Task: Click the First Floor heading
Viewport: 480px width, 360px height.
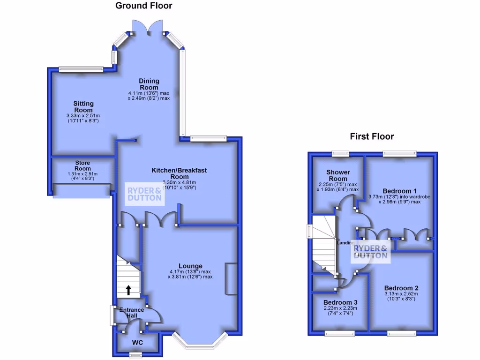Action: pos(372,136)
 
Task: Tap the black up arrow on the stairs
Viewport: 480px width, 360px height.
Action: pos(128,290)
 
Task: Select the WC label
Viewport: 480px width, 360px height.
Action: pos(137,343)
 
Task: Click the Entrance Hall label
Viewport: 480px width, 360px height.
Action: pos(132,313)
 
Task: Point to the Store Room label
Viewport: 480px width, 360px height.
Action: pos(82,165)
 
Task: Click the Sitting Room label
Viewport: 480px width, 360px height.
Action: pos(83,106)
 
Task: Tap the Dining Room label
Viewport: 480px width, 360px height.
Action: pos(149,84)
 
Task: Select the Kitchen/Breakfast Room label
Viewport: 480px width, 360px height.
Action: pos(179,173)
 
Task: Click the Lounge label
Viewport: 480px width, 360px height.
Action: pos(190,266)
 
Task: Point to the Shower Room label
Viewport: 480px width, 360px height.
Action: pos(338,175)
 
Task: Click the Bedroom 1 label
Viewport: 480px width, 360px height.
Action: pos(399,191)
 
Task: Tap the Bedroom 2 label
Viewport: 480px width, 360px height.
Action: pos(401,288)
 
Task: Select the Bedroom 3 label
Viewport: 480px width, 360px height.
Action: pos(340,302)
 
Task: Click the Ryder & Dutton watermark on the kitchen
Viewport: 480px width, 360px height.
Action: pos(145,194)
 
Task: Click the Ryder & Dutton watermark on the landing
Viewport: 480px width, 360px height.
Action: pos(371,252)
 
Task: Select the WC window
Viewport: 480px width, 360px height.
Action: pos(135,355)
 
